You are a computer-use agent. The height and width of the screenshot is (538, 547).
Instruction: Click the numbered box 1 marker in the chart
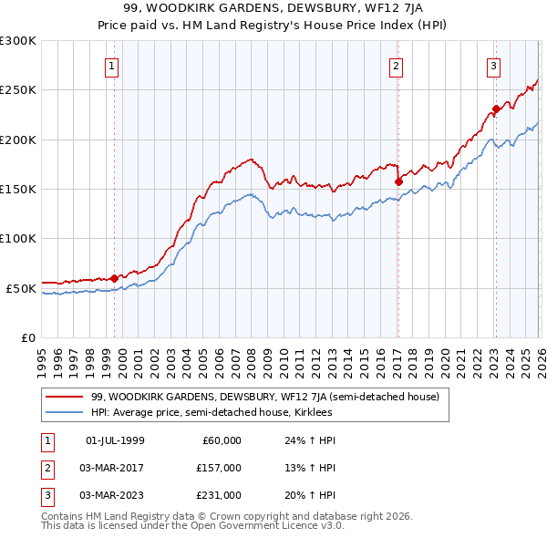click(111, 65)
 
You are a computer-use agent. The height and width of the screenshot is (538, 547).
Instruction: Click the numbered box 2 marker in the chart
click(397, 65)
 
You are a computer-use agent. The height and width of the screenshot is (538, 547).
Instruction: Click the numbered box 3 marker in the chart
click(493, 65)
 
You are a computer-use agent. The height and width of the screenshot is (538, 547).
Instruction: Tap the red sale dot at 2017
click(398, 181)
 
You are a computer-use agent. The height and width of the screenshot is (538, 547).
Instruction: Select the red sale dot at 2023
click(496, 109)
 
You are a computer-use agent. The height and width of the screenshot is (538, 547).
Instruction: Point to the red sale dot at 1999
click(114, 278)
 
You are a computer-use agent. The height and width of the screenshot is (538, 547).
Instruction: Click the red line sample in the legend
click(66, 397)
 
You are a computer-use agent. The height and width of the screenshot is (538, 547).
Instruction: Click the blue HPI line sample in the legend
click(66, 412)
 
